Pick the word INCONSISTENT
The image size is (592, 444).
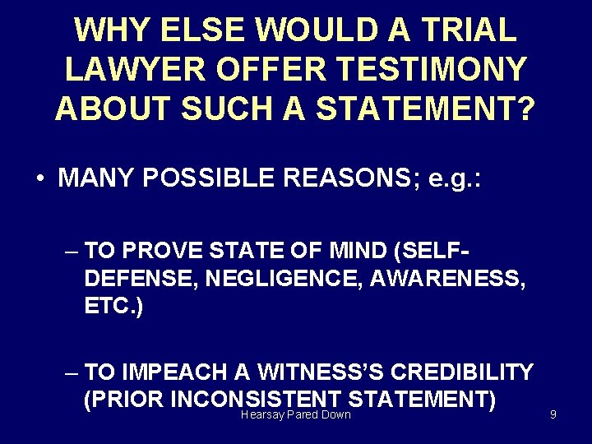pyautogui.click(x=259, y=400)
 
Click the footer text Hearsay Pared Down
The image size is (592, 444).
pyautogui.click(x=296, y=414)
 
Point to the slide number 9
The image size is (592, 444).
pyautogui.click(x=553, y=414)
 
